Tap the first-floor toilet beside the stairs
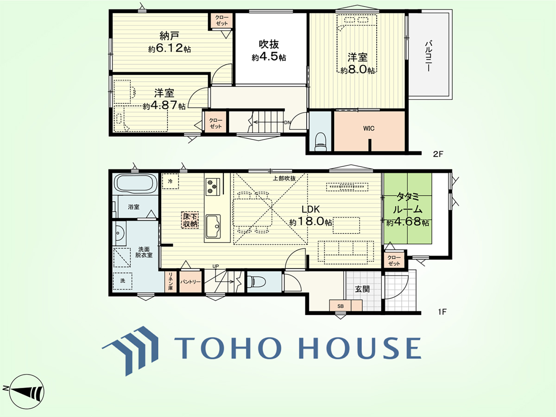click(x=256, y=281)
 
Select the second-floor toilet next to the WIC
click(x=321, y=141)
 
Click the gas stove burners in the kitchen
click(x=212, y=187)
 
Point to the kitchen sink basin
click(x=213, y=227)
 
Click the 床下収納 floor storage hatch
click(x=190, y=220)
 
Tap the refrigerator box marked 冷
click(x=170, y=181)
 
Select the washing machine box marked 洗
click(x=122, y=281)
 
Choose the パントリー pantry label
click(x=190, y=282)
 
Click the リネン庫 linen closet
click(x=170, y=282)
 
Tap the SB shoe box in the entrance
click(x=340, y=306)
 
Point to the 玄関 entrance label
click(x=362, y=289)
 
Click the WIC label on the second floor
click(x=368, y=129)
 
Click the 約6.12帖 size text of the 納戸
click(x=170, y=48)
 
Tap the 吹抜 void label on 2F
click(x=269, y=44)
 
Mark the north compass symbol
click(x=24, y=391)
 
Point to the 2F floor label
click(x=438, y=154)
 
